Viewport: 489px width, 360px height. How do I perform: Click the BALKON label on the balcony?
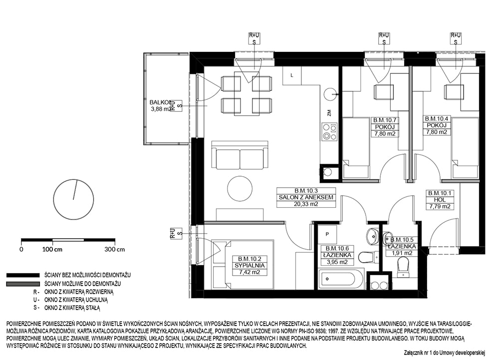(x=160, y=102)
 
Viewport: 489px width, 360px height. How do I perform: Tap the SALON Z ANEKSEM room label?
(x=306, y=197)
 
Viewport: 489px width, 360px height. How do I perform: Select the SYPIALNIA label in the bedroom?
(x=250, y=266)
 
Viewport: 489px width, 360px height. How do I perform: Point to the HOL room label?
(x=440, y=200)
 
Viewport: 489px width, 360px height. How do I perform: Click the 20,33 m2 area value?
(x=306, y=204)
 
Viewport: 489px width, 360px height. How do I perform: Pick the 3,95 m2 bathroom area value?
(x=335, y=262)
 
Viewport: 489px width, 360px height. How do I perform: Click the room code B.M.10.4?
(x=437, y=119)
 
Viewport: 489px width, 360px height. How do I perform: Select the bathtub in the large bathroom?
(x=340, y=278)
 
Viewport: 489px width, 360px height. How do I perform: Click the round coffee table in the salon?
(x=240, y=189)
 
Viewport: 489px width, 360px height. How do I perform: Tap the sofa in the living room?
(x=240, y=155)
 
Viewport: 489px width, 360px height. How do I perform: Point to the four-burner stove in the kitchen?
(x=330, y=131)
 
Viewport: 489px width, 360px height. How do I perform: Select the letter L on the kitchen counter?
(x=292, y=75)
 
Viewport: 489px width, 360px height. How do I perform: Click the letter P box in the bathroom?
(x=327, y=234)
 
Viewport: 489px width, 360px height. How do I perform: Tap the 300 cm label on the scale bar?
(x=114, y=250)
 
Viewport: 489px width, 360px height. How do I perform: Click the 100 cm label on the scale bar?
(x=52, y=250)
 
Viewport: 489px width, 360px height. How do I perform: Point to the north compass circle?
(x=74, y=199)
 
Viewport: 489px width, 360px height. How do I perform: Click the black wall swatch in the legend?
(x=23, y=276)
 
